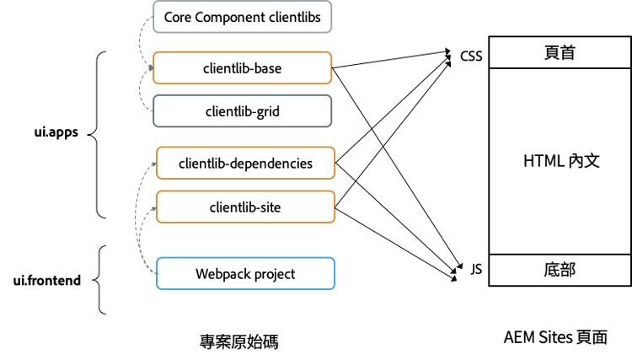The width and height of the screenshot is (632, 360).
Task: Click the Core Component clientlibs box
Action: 243,18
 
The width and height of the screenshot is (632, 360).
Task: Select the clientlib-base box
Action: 243,68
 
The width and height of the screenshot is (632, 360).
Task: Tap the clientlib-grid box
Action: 243,110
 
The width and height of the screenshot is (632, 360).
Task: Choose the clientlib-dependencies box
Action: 246,164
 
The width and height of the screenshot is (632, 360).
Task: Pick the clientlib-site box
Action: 246,207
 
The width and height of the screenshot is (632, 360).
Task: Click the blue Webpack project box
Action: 246,274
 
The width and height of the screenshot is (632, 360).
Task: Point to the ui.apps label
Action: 56,133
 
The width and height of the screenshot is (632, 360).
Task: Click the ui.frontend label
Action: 47,281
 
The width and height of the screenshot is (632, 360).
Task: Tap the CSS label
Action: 471,56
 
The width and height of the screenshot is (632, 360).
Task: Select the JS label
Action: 476,270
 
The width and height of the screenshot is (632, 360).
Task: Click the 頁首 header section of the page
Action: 560,53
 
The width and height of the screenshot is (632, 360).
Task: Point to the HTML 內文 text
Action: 560,160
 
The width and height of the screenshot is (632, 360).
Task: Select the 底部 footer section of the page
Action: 560,270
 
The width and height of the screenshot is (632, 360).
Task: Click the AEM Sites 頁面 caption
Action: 555,338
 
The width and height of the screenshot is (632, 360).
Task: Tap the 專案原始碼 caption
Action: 239,341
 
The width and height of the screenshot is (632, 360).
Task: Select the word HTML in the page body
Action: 543,160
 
